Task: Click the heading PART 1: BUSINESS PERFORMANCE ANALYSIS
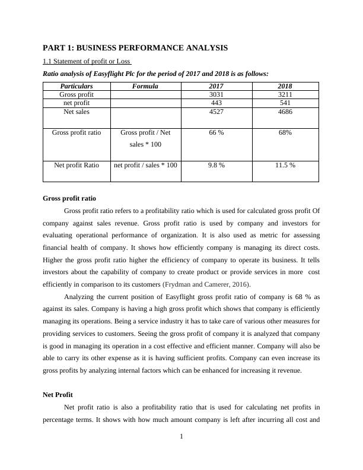[x=135, y=47]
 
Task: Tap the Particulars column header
[x=77, y=86]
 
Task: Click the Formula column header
[x=145, y=86]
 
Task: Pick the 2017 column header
[x=216, y=86]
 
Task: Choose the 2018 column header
[x=285, y=86]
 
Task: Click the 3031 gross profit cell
[x=216, y=94]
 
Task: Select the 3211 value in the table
[x=285, y=94]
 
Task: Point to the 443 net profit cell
[x=216, y=103]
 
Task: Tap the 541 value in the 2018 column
[x=285, y=103]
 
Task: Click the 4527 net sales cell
[x=216, y=111]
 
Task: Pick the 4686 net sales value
[x=285, y=111]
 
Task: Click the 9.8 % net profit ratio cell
[x=216, y=165]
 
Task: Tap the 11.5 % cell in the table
[x=285, y=165]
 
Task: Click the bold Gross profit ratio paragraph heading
[x=69, y=198]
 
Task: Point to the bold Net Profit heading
[x=58, y=395]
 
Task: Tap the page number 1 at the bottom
[x=181, y=437]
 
